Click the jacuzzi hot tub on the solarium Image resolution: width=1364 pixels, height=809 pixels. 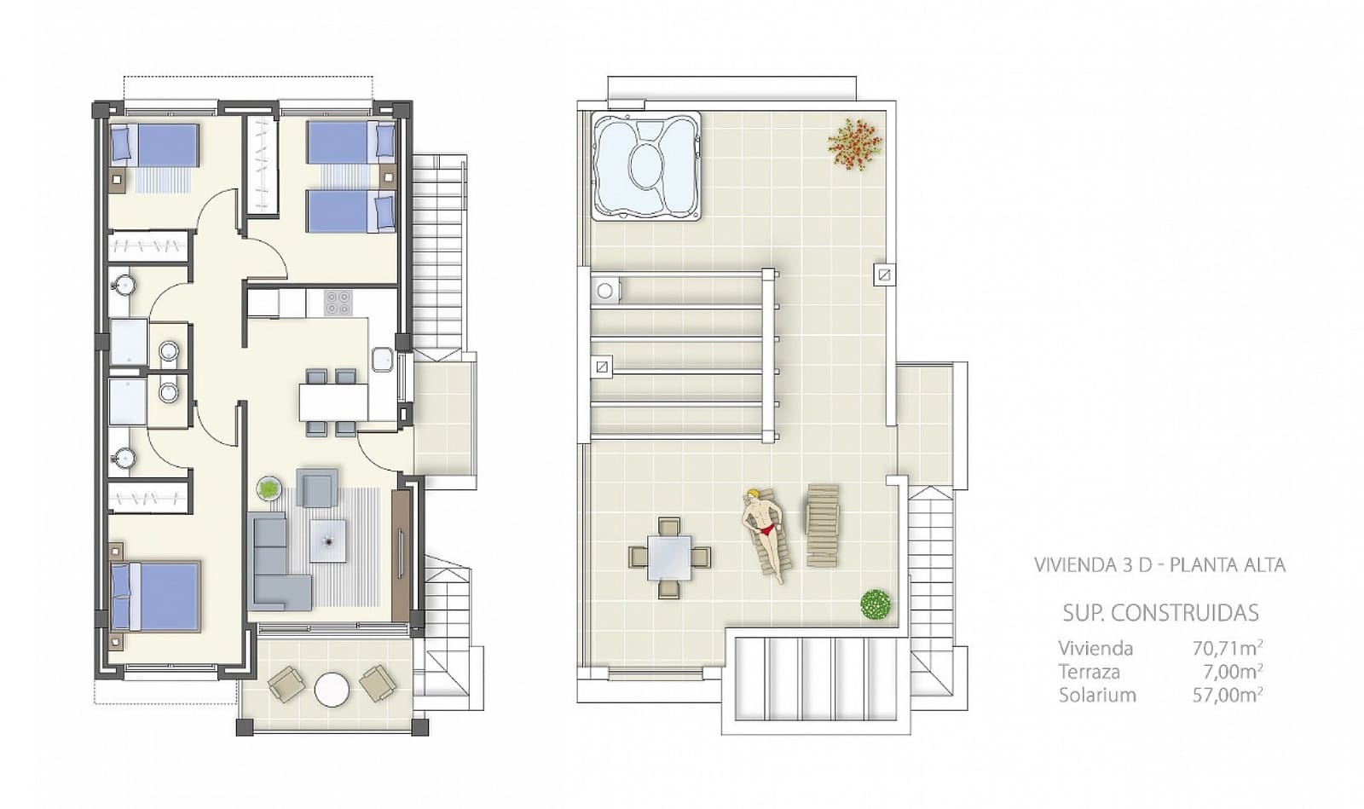[646, 166]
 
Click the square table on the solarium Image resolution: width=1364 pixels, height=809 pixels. [669, 558]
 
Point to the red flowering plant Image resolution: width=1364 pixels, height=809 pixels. [854, 143]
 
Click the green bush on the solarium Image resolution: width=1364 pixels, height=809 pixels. [876, 604]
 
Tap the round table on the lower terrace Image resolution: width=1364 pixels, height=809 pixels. [332, 689]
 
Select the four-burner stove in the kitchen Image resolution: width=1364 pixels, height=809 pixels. [338, 302]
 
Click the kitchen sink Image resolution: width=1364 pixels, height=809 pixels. [382, 359]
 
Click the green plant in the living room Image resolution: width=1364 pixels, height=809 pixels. [269, 488]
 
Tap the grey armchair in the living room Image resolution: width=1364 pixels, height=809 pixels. [317, 488]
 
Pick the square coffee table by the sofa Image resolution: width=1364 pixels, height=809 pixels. [328, 540]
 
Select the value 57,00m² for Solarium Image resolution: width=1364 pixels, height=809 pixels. [1227, 695]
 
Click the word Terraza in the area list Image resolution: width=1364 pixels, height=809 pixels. [1089, 672]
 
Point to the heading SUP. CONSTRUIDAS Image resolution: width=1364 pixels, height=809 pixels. [1160, 612]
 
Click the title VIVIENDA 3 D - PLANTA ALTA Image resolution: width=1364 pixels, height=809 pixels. [1159, 564]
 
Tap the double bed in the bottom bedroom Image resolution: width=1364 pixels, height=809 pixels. [157, 596]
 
